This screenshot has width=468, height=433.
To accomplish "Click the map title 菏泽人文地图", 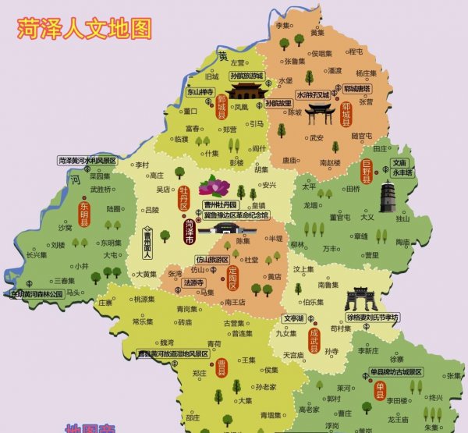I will [x=84, y=29].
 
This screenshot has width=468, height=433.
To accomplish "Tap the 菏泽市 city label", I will [x=190, y=231].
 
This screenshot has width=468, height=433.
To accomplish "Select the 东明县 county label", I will [x=84, y=212].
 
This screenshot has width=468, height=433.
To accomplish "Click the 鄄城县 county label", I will [x=222, y=107].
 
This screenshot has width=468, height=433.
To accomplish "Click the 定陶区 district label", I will [x=231, y=278].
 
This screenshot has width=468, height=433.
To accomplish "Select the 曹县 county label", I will [x=221, y=366].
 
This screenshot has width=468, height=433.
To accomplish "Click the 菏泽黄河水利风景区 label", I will [x=87, y=161].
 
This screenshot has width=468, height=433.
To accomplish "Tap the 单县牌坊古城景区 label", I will [x=390, y=371].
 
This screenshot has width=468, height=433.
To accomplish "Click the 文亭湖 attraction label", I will [x=293, y=318].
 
